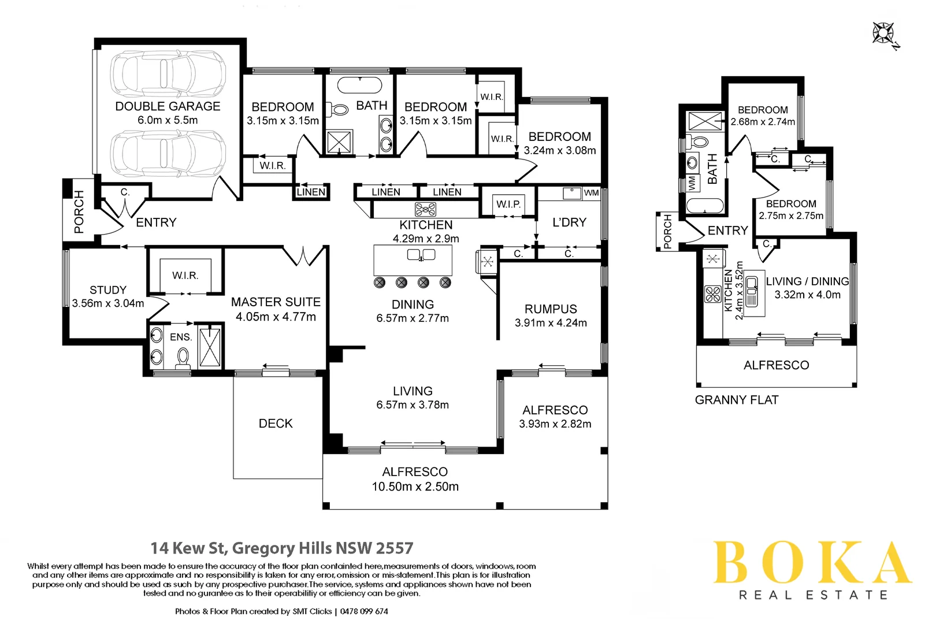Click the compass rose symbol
884,34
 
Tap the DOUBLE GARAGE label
168,106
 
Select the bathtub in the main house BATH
359,86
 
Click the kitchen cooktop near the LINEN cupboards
425,209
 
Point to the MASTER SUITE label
276,302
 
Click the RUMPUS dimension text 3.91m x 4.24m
551,323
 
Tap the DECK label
276,424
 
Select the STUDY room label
108,290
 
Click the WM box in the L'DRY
591,193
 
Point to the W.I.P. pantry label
508,204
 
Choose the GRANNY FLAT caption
737,400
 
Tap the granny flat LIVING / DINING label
807,281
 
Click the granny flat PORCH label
667,232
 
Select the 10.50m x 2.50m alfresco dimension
415,486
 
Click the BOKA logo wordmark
811,563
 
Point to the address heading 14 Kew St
282,548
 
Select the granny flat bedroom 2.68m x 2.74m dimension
763,122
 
